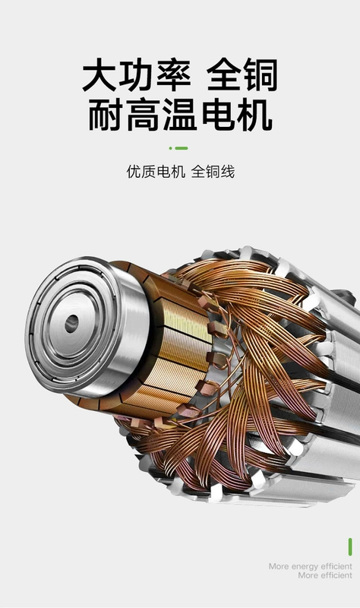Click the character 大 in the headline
tap(99, 74)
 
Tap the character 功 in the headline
tap(137, 74)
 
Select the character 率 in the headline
tap(174, 74)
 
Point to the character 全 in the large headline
tap(224, 74)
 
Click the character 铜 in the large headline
tap(261, 74)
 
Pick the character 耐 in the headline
tap(106, 116)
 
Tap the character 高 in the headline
tap(143, 116)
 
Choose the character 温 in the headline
tap(180, 116)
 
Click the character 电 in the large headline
tap(218, 116)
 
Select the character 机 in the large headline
tap(254, 116)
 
